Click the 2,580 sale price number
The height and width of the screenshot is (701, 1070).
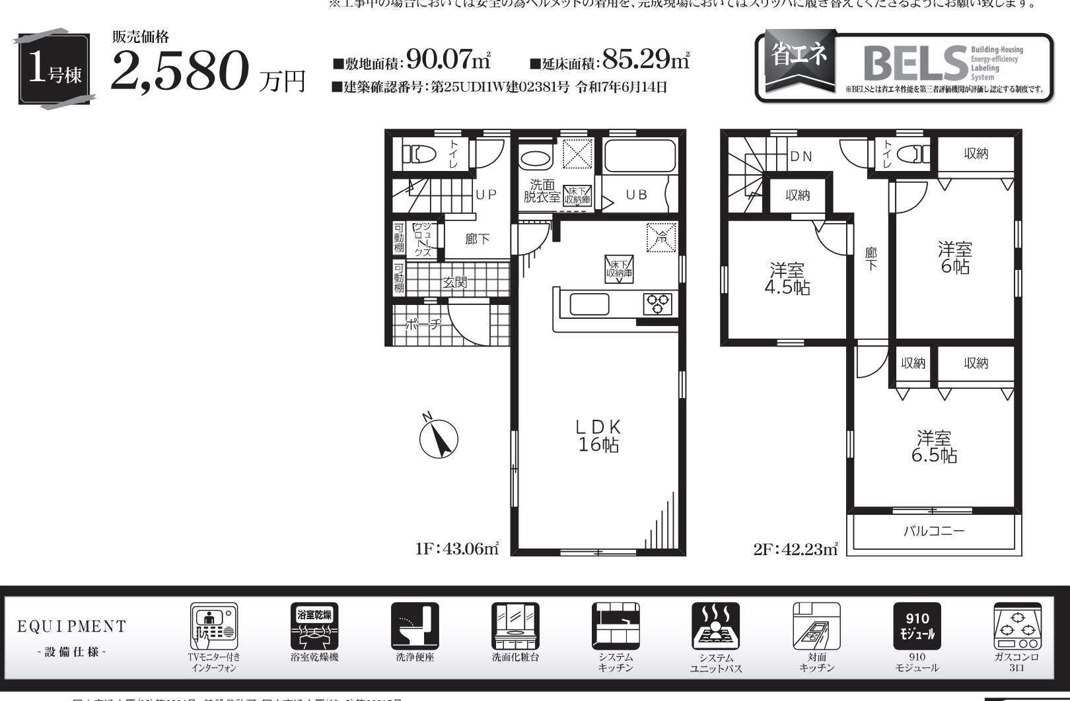(180, 71)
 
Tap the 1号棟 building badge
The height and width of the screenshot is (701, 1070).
(54, 69)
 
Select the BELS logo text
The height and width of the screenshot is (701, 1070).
(914, 63)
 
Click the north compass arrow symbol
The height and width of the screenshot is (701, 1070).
(439, 438)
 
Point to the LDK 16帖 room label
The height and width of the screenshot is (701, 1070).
(598, 436)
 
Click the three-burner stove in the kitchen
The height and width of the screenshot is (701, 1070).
(658, 304)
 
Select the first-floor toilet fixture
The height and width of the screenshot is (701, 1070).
(420, 154)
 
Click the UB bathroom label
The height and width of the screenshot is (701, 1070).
(636, 195)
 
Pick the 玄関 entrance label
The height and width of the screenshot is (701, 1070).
(455, 283)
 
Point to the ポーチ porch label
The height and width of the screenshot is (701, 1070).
(423, 324)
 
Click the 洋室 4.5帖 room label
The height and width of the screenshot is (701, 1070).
(787, 279)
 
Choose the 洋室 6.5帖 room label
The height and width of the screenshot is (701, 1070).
(934, 447)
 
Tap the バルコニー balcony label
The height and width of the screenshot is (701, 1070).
(934, 531)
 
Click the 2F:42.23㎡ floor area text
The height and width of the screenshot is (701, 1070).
(795, 549)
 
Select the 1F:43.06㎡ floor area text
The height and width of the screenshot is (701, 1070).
(457, 549)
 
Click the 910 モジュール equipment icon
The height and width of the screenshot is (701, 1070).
(917, 626)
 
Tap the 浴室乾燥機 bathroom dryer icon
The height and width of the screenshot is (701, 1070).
(314, 626)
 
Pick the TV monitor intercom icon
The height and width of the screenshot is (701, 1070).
(214, 626)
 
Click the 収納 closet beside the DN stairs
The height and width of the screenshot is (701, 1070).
(798, 195)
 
